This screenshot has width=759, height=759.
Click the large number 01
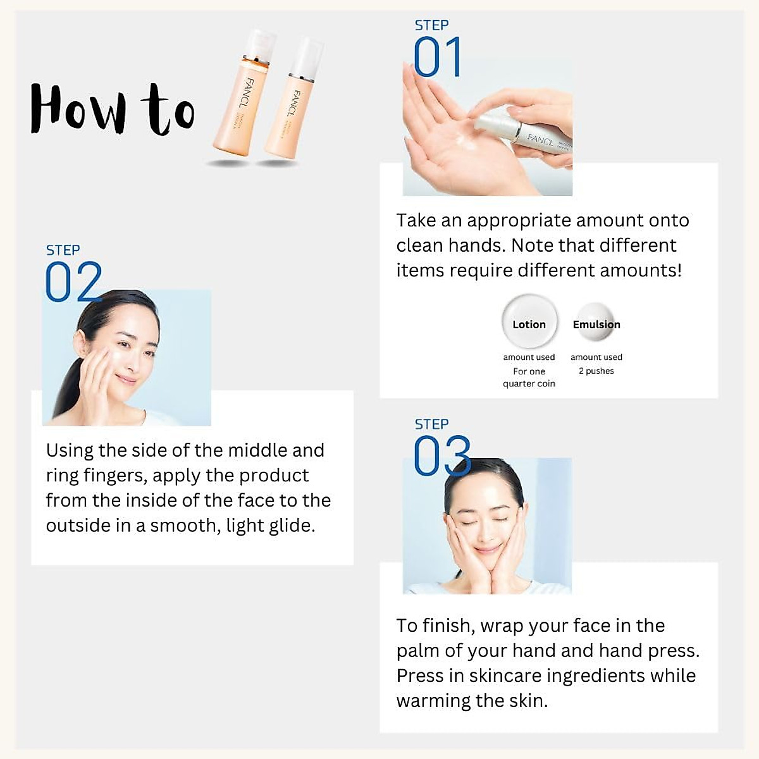437,58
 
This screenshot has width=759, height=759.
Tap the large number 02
73,283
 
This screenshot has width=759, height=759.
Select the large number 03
441,456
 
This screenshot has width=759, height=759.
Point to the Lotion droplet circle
529,322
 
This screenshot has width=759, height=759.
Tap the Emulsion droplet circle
596,323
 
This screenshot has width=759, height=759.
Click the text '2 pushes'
596,371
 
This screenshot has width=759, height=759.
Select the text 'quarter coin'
529,384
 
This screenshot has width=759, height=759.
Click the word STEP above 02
63,250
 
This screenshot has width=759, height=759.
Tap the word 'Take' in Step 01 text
416,221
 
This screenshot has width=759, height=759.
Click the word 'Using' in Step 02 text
70,451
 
